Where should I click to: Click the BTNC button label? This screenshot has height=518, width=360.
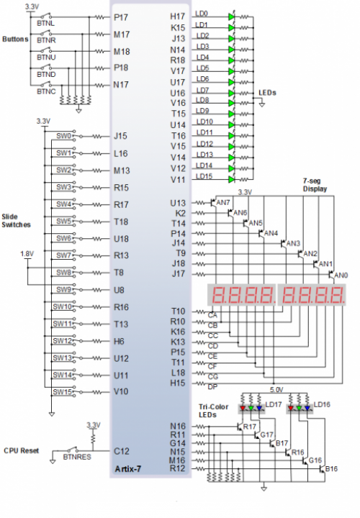click(x=46, y=91)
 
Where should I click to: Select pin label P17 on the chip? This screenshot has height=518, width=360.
click(x=121, y=17)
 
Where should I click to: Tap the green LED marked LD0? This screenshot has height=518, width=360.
click(x=231, y=17)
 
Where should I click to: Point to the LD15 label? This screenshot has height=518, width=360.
click(x=204, y=176)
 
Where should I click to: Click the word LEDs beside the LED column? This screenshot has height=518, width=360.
click(x=267, y=93)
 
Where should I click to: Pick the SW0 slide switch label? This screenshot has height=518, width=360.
click(x=64, y=136)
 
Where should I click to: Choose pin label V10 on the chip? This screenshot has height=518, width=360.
click(x=121, y=391)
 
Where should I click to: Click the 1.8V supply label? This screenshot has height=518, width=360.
click(x=27, y=254)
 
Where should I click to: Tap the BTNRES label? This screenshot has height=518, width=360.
click(x=77, y=457)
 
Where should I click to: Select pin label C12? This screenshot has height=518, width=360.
click(x=122, y=451)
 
